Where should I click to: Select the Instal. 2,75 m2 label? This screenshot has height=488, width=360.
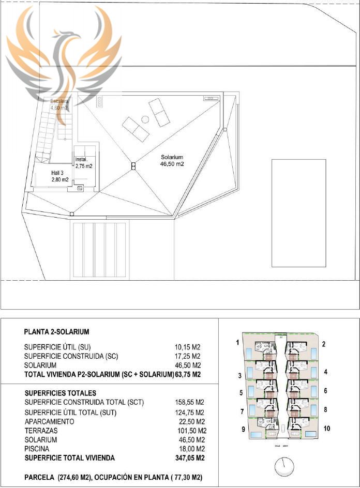click(x=83, y=163)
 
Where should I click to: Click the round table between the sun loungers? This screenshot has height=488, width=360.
click(x=145, y=119)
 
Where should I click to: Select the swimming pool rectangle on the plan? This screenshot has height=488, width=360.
click(x=298, y=213)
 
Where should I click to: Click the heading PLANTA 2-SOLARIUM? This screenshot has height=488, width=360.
click(x=57, y=331)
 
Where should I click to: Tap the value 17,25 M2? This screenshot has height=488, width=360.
click(x=188, y=356)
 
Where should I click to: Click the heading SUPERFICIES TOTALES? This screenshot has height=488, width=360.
click(x=60, y=393)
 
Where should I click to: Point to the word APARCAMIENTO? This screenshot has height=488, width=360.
click(x=49, y=421)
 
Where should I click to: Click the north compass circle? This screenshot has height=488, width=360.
click(x=284, y=467)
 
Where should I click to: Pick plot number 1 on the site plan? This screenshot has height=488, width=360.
click(x=237, y=342)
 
